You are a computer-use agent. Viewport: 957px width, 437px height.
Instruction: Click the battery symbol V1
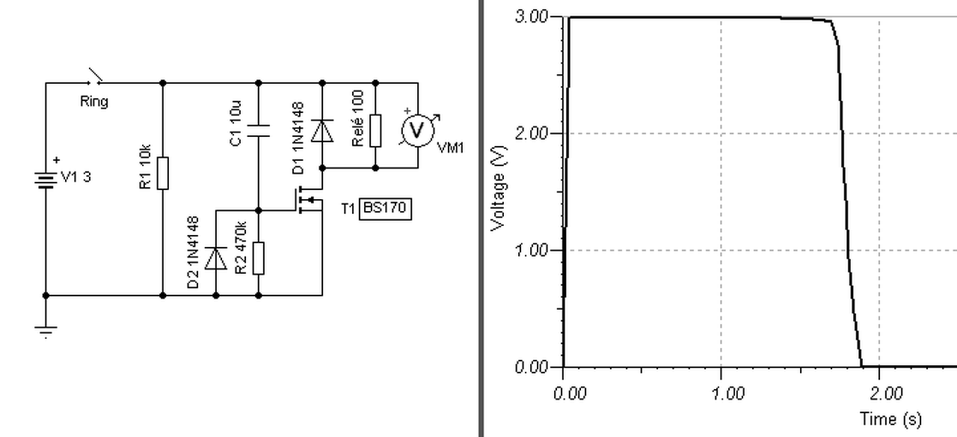(46, 180)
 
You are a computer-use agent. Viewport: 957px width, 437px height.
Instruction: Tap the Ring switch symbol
(95, 76)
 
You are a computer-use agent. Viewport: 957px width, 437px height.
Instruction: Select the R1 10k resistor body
(163, 173)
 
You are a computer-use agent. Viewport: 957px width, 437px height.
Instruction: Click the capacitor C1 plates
(259, 131)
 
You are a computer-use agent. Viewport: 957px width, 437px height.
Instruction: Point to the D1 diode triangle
(322, 131)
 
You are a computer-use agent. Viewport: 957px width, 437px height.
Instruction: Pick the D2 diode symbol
(216, 258)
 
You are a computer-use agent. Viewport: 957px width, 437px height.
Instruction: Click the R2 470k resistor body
(259, 258)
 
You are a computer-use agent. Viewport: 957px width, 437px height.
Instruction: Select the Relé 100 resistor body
(375, 130)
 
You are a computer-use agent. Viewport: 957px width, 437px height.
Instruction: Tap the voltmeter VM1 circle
(417, 130)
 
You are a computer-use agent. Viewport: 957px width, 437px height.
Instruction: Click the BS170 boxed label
(385, 209)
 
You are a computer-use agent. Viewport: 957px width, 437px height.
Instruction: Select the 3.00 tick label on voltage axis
(531, 16)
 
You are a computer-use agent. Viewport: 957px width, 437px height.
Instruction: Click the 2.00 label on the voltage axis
(531, 133)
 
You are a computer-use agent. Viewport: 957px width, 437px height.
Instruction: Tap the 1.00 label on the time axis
(728, 394)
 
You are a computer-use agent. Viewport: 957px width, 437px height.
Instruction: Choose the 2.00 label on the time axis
(886, 394)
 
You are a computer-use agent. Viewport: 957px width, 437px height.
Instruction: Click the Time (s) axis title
(890, 419)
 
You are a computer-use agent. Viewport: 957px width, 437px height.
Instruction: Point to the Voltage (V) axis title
(499, 189)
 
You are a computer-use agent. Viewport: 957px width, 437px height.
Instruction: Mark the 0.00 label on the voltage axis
(531, 367)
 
